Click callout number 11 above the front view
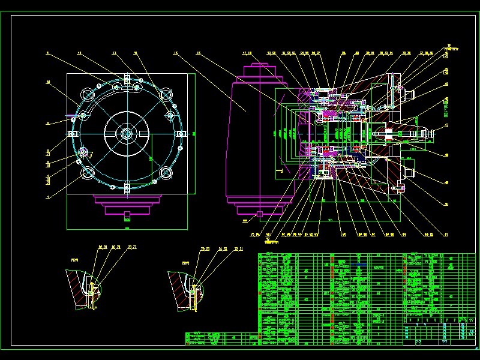tap(47, 53)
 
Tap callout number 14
tap(136, 53)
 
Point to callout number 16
tap(198, 53)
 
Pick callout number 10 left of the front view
tap(48, 82)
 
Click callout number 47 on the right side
tap(446, 125)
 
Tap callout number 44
tap(446, 84)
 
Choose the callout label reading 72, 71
tap(238, 248)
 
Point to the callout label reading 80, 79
tap(116, 247)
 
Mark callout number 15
tap(175, 53)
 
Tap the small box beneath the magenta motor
tap(259, 214)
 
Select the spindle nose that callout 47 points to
tap(420, 133)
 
